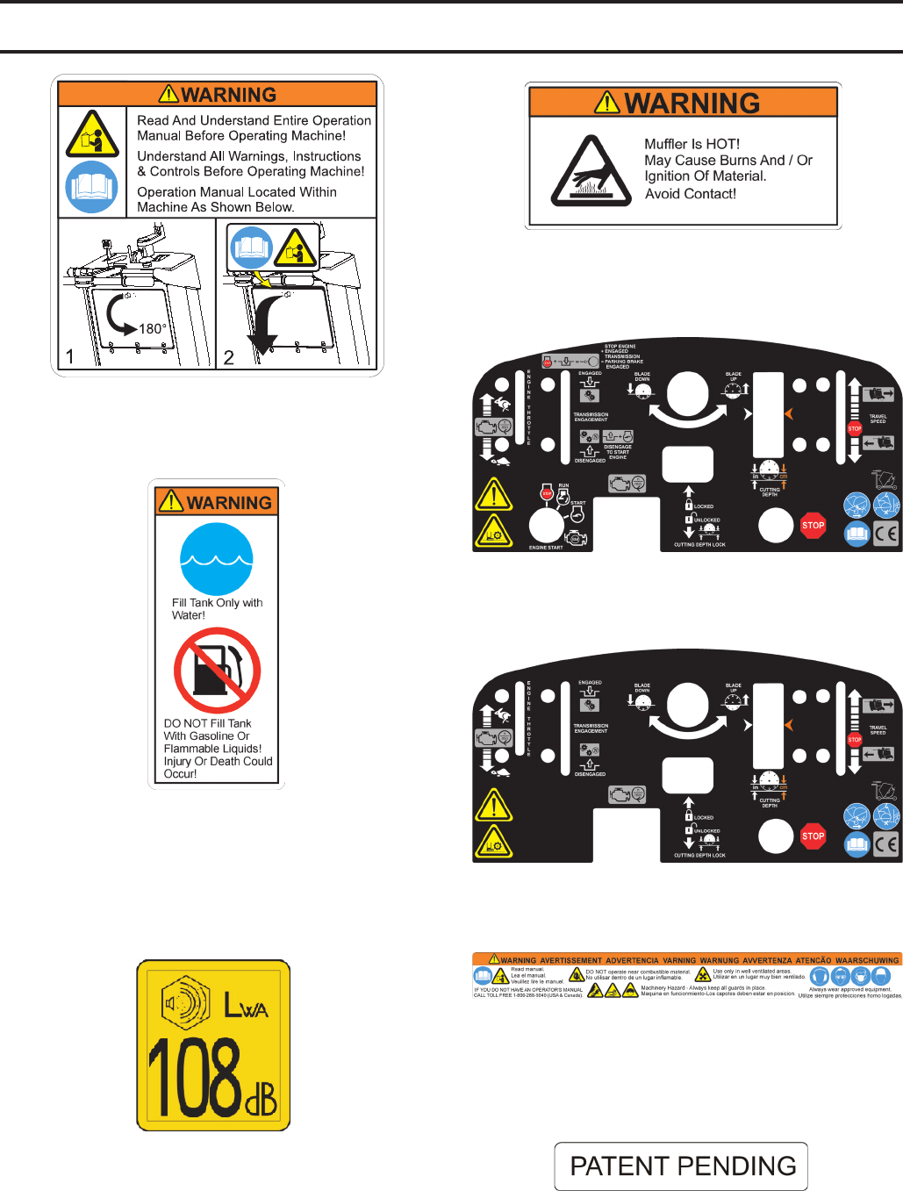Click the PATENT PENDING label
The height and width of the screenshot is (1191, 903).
(x=682, y=1166)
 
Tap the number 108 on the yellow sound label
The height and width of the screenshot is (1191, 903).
(x=194, y=1076)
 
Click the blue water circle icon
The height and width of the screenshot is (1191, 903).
(x=217, y=559)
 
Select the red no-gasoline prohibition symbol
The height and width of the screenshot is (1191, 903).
(x=217, y=671)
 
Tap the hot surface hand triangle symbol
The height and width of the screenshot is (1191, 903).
(x=591, y=171)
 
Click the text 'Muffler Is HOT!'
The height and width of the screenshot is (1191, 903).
(x=692, y=144)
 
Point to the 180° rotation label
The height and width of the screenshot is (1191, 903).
(x=152, y=329)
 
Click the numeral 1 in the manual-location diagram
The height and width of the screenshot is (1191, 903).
(x=70, y=356)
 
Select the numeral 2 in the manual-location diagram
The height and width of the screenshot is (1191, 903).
(x=229, y=356)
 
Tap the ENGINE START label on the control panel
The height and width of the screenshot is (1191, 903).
(x=546, y=548)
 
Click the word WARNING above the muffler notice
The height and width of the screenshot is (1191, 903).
(x=692, y=104)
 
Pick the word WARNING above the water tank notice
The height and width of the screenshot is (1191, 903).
(x=228, y=503)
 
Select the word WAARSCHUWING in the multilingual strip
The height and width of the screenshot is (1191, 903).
(x=867, y=960)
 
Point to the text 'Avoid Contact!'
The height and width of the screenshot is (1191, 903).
(x=691, y=194)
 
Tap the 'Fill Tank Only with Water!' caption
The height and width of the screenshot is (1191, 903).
(x=217, y=609)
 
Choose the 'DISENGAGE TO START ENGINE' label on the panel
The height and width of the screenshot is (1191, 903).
(x=618, y=452)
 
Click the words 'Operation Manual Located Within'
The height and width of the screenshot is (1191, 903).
(x=237, y=192)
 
